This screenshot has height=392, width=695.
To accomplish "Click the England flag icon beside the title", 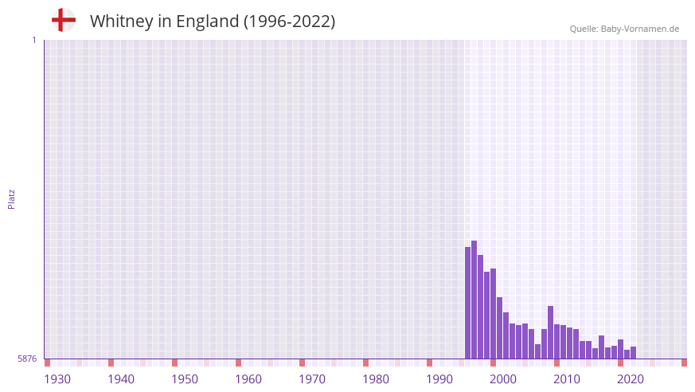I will (x=63, y=20).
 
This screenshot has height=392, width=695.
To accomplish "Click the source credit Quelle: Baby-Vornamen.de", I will (x=624, y=29).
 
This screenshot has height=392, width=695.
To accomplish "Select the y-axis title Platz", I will (x=11, y=199).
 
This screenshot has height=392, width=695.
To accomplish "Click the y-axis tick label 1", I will (x=33, y=40).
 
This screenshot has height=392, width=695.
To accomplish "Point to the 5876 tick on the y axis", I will (x=27, y=359).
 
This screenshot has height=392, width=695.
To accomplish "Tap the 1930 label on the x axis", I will (x=57, y=379).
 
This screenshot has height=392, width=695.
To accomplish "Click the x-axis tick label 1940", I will (x=121, y=379).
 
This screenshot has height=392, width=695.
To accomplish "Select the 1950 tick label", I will (x=185, y=379).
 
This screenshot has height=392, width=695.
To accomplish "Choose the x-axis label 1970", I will (x=312, y=379).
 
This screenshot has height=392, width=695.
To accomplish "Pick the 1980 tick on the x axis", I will (x=376, y=379).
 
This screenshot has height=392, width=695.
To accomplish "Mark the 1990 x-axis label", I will (x=439, y=379).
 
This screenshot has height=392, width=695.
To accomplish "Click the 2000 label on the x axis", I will (x=503, y=379).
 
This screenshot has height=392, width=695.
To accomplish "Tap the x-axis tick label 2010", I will (x=567, y=379).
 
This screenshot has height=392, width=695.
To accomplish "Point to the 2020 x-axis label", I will (x=631, y=379).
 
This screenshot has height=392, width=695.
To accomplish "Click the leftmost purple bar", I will (x=467, y=303).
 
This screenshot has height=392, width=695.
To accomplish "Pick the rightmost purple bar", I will (x=633, y=353).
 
